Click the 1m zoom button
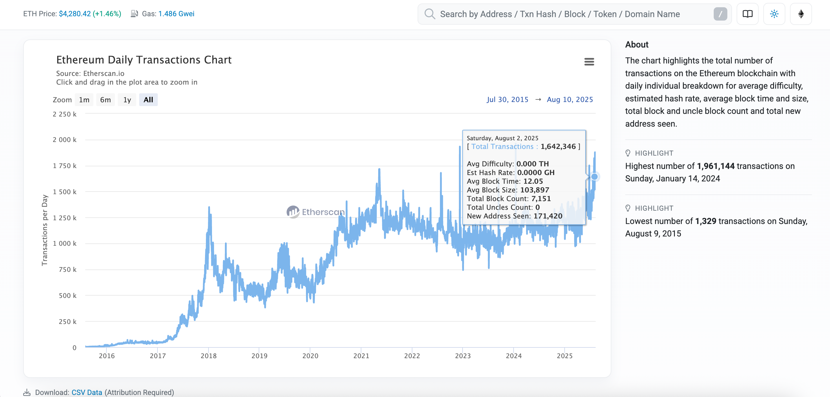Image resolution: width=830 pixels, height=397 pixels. pyautogui.click(x=84, y=100)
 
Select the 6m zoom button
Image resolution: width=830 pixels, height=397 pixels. pyautogui.click(x=105, y=100)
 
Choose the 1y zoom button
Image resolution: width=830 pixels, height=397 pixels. pyautogui.click(x=127, y=100)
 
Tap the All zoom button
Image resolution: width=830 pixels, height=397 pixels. pyautogui.click(x=148, y=100)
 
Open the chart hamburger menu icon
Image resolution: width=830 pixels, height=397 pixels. pyautogui.click(x=589, y=61)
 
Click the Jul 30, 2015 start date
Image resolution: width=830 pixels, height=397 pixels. pyautogui.click(x=507, y=99)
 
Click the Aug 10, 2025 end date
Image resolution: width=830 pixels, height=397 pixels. pyautogui.click(x=570, y=99)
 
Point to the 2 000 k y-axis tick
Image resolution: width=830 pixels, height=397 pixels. pyautogui.click(x=64, y=140)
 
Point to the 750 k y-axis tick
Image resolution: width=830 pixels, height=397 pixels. pyautogui.click(x=67, y=269)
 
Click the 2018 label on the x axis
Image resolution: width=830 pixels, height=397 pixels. pyautogui.click(x=209, y=356)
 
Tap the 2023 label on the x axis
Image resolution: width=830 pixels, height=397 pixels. pyautogui.click(x=463, y=356)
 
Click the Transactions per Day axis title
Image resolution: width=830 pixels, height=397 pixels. pyautogui.click(x=44, y=230)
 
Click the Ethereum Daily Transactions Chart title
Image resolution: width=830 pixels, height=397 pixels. pyautogui.click(x=144, y=60)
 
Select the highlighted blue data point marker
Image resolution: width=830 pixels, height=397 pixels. pyautogui.click(x=595, y=176)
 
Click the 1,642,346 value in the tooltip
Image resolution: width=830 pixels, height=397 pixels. pyautogui.click(x=558, y=147)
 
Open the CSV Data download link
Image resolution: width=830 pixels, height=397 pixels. pyautogui.click(x=87, y=392)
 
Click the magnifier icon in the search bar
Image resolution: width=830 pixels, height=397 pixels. pyautogui.click(x=430, y=14)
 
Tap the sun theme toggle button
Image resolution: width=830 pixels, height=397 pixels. pyautogui.click(x=774, y=14)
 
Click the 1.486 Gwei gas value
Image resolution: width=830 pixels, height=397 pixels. pyautogui.click(x=176, y=14)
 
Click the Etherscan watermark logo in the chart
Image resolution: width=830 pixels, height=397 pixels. pyautogui.click(x=316, y=212)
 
